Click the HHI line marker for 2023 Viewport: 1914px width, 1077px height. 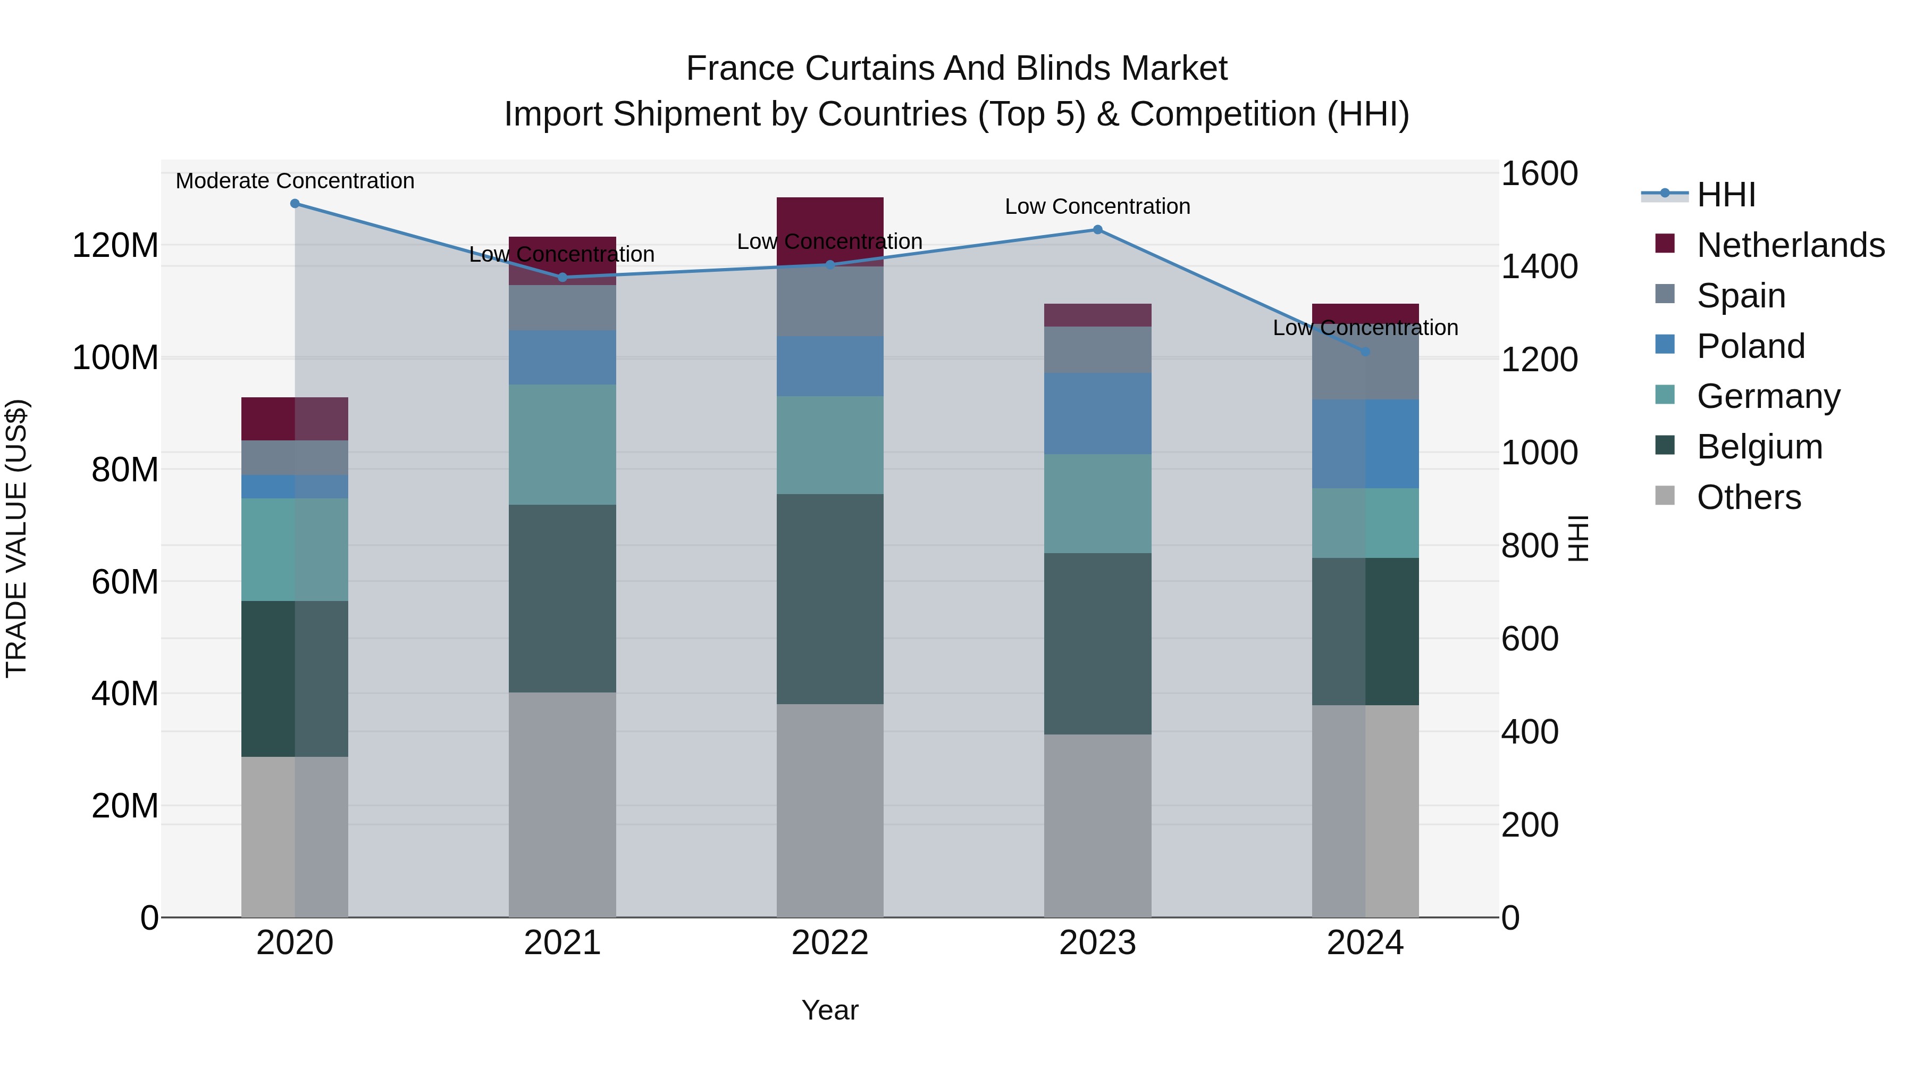pos(1097,230)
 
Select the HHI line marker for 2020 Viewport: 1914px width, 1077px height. pos(295,203)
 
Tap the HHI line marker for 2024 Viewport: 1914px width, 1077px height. pos(1365,352)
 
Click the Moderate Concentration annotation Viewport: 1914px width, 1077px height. pos(295,181)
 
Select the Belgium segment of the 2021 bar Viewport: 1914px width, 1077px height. pos(563,598)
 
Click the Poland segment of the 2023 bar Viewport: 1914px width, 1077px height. pos(1097,413)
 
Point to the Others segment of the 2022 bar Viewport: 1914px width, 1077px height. pos(830,810)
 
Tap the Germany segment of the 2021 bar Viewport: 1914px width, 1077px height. pos(563,445)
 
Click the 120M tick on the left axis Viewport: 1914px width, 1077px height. pos(115,245)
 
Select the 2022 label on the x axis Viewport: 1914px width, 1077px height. pos(830,943)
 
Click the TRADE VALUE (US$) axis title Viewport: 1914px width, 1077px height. pos(16,538)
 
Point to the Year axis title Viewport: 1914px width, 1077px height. pos(830,1010)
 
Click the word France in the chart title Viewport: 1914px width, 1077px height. pos(740,69)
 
